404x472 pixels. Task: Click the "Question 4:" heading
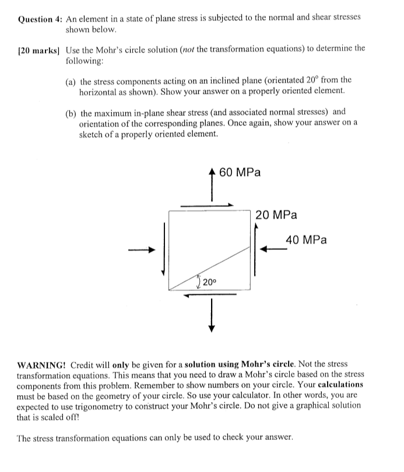click(x=40, y=18)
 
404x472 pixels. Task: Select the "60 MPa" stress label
click(x=241, y=172)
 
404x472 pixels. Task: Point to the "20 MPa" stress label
click(x=276, y=215)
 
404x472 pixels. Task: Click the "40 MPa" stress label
click(x=306, y=240)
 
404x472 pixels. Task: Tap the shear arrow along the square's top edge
click(x=207, y=205)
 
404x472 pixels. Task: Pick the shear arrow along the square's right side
click(x=255, y=251)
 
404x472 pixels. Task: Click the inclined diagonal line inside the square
click(x=211, y=267)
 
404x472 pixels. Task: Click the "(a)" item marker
click(x=71, y=80)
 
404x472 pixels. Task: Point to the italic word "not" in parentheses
click(x=222, y=49)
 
